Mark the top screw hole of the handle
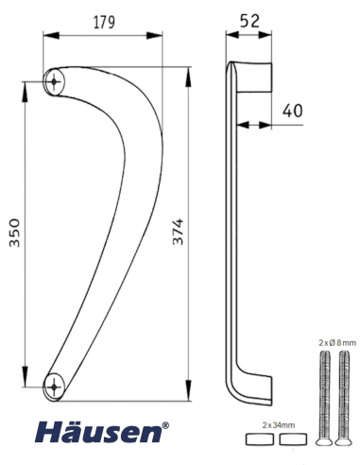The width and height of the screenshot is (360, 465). [x=55, y=82]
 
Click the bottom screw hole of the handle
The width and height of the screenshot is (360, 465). [x=57, y=384]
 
